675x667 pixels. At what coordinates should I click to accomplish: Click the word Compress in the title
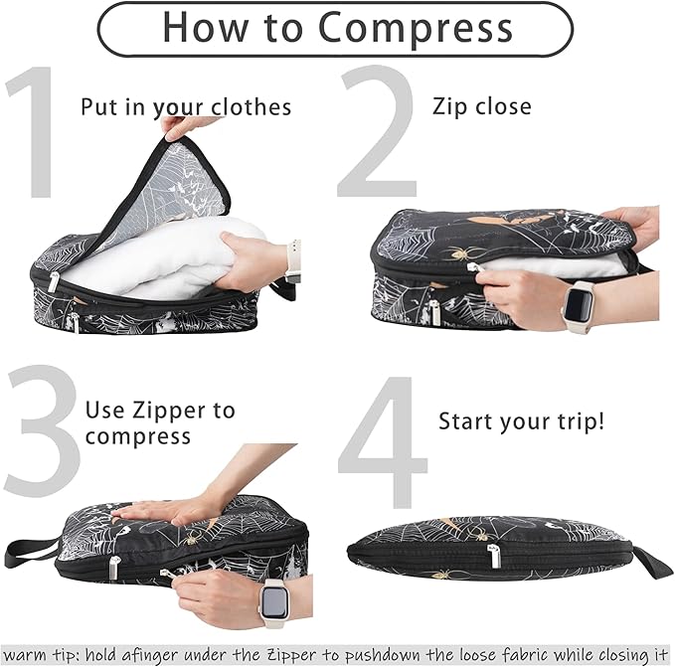pyautogui.click(x=419, y=27)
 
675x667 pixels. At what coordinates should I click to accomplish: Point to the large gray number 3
pyautogui.click(x=40, y=437)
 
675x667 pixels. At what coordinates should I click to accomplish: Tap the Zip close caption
pyautogui.click(x=482, y=106)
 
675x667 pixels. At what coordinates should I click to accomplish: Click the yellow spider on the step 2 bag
pyautogui.click(x=461, y=254)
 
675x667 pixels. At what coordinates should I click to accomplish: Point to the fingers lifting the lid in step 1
pyautogui.click(x=184, y=125)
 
